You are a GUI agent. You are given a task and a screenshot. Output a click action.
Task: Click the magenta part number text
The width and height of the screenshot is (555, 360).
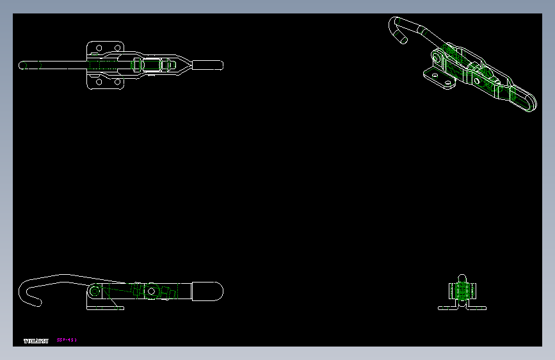67,340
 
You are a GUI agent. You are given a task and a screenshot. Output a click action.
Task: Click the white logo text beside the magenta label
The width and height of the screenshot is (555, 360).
36,341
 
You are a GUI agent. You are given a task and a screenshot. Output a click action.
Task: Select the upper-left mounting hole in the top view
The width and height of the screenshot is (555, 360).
98,47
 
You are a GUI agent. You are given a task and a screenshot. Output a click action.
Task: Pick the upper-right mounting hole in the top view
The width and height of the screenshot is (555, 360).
117,47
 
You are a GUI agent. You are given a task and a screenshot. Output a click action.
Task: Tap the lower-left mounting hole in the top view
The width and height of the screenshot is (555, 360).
98,82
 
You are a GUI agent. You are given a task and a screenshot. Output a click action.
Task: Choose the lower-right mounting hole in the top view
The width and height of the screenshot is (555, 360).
117,82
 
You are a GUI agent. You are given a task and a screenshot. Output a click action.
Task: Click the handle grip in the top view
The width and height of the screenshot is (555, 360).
208,65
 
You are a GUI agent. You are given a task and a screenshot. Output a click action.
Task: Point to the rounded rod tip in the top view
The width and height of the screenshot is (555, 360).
22,65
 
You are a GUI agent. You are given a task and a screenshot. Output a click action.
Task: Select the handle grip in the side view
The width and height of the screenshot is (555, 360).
207,291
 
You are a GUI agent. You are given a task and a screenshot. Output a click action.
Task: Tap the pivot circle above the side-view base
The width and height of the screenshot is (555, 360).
95,291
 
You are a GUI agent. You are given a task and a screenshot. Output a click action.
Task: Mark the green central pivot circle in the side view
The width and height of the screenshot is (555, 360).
150,291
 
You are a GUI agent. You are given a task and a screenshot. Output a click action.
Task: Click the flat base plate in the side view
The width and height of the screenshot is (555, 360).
105,308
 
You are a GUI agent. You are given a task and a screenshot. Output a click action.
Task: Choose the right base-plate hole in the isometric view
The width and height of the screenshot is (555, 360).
447,83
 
